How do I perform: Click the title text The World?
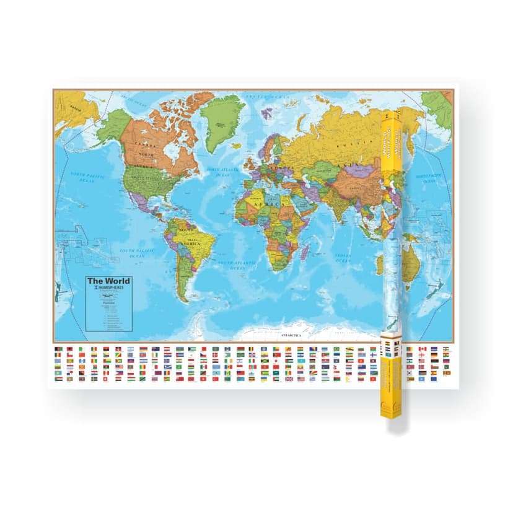pyautogui.click(x=109, y=281)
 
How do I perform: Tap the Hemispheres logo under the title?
pyautogui.click(x=109, y=288)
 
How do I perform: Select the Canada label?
pyautogui.click(x=146, y=144)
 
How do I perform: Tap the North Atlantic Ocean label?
pyautogui.click(x=222, y=172)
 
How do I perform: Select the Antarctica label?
pyautogui.click(x=291, y=335)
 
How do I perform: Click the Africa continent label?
pyautogui.click(x=274, y=204)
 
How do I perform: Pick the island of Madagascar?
pyautogui.click(x=304, y=251)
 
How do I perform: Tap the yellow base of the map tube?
pyautogui.click(x=390, y=409)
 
